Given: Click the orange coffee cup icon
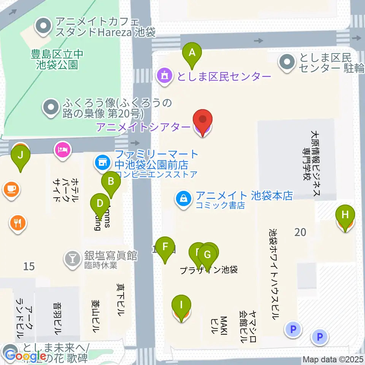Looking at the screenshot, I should pos(11,189).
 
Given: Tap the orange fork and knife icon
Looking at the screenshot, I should pos(17,222).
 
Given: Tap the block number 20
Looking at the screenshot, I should pos(300,232).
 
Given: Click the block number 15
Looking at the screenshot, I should pos(29,266).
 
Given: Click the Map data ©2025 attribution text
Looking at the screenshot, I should pos(333,359).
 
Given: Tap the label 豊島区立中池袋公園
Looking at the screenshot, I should pos(57,59).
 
